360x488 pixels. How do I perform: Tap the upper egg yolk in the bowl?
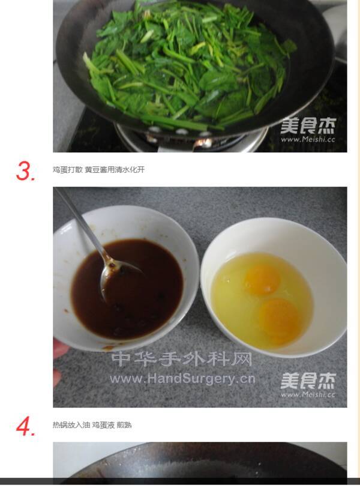(262, 279)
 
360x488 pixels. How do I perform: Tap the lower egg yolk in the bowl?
(278, 319)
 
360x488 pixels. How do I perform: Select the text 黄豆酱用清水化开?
(115, 170)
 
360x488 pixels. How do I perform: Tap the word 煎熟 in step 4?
(124, 425)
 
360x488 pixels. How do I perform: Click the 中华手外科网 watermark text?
(181, 359)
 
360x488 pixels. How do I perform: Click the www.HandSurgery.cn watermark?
(182, 379)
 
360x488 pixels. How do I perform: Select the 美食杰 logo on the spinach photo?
(308, 125)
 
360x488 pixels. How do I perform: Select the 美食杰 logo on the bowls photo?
(308, 381)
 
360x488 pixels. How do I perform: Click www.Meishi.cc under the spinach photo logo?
(308, 139)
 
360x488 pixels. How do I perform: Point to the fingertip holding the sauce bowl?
(58, 349)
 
